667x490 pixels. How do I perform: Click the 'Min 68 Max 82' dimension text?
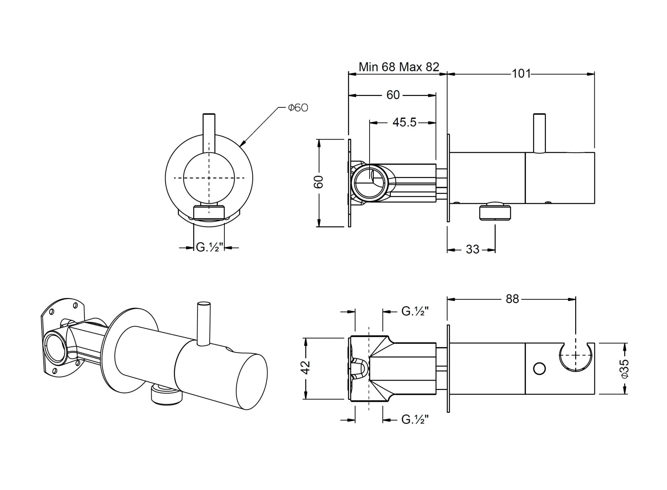pos(399,67)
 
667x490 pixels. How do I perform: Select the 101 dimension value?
pos(521,73)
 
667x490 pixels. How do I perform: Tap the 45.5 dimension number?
pos(404,122)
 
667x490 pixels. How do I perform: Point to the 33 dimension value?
pos(472,249)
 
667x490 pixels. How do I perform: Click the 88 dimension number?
pos(512,299)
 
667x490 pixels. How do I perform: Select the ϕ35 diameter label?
pos(625,369)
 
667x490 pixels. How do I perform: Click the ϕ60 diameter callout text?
pos(298,108)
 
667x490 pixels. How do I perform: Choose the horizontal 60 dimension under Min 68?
pos(393,95)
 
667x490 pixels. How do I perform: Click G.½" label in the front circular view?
pos(210,247)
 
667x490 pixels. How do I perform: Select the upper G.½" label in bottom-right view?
pos(415,312)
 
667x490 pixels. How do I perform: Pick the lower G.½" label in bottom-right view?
pos(415,420)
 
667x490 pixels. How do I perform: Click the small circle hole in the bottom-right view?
pos(539,369)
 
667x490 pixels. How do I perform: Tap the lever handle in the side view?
pos(539,133)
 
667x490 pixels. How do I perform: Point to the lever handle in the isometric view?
pos(204,324)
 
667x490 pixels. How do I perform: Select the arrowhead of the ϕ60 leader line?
pos(242,144)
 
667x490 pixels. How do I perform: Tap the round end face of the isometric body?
pos(252,382)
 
